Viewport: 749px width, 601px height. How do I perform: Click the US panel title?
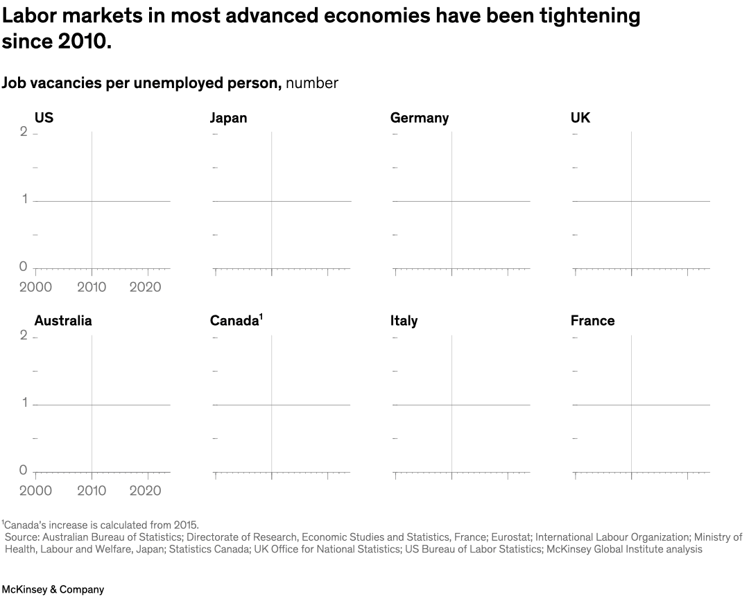(44, 118)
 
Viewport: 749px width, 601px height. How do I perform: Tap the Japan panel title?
(228, 118)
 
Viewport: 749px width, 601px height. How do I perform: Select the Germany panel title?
(419, 118)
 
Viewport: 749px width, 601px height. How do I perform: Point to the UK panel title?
(580, 118)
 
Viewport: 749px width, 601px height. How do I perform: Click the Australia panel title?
(62, 321)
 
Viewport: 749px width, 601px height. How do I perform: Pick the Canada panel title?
(234, 321)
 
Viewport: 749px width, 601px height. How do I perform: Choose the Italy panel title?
(404, 321)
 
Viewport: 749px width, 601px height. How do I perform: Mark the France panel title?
(592, 321)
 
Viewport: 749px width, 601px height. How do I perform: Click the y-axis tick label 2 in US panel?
(24, 132)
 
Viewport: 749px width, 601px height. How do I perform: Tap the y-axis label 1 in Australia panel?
(24, 403)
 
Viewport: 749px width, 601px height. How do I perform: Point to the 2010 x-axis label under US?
(91, 287)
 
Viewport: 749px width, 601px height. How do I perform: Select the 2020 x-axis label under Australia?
(146, 491)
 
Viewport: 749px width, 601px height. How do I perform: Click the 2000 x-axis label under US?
(35, 287)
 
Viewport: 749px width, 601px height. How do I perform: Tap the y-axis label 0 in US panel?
(23, 267)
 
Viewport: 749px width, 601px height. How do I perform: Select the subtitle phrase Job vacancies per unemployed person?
(141, 83)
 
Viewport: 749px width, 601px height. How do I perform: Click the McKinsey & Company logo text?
(53, 589)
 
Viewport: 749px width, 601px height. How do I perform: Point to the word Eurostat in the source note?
(511, 537)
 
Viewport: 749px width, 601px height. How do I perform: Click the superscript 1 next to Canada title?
(261, 316)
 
